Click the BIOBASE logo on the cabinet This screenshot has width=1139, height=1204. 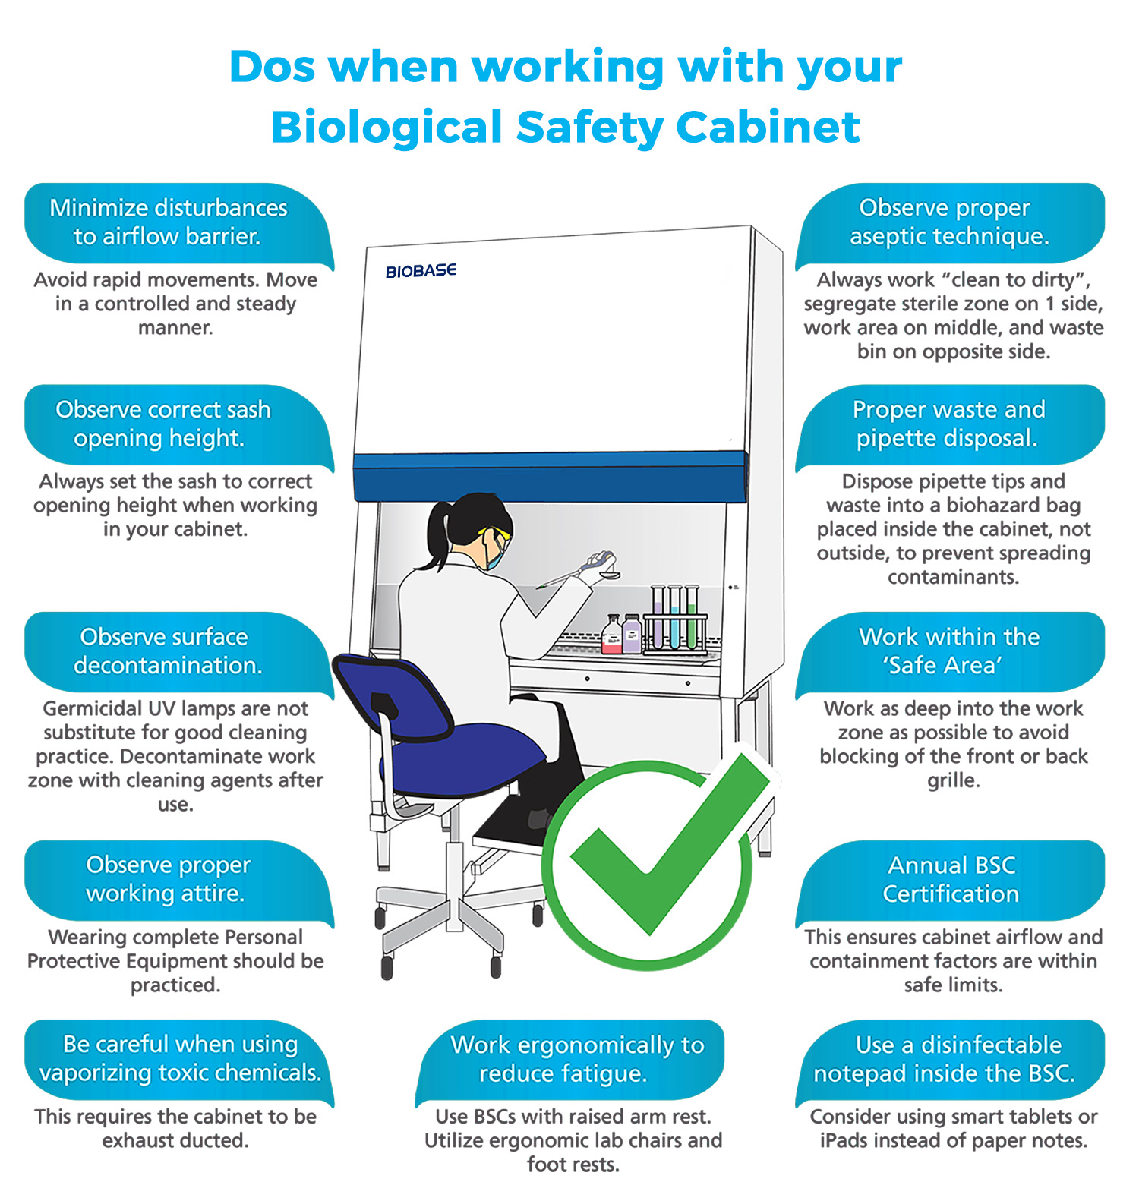click(x=420, y=271)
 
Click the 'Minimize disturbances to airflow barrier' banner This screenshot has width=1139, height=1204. click(x=169, y=222)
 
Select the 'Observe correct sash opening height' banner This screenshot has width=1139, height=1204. click(x=163, y=424)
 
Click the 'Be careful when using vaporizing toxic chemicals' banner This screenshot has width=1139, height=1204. click(x=180, y=1058)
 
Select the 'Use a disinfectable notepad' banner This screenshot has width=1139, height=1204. click(x=949, y=1059)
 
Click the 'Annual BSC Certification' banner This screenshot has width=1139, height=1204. click(x=951, y=879)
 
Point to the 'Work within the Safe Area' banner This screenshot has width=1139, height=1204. click(x=949, y=651)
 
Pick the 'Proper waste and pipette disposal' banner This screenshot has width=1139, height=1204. click(x=949, y=424)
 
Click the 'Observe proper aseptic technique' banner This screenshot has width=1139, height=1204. click(x=949, y=222)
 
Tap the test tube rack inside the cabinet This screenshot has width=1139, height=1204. click(x=675, y=622)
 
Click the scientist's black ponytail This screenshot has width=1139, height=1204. click(x=438, y=535)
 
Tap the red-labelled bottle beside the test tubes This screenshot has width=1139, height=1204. click(x=612, y=636)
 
